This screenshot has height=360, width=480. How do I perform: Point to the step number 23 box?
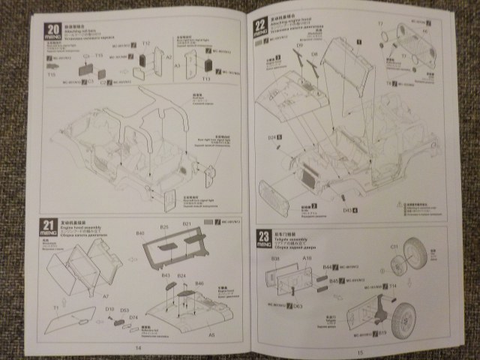point(257,235)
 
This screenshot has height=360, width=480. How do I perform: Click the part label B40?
point(140,233)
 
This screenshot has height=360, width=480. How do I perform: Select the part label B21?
point(187,225)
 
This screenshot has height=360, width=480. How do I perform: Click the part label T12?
point(146,43)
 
